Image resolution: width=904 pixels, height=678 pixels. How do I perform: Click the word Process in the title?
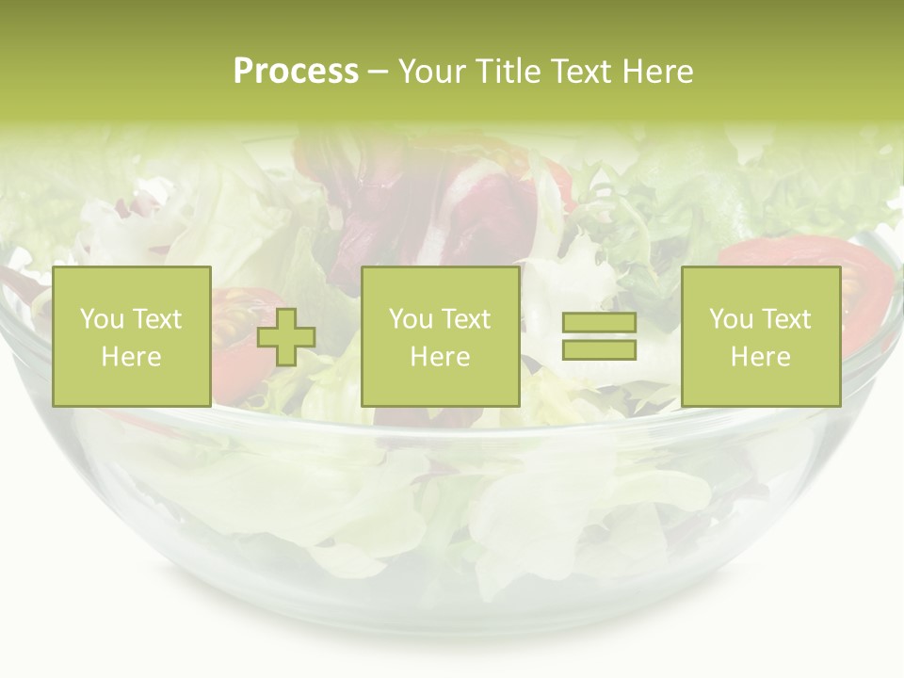click(x=296, y=72)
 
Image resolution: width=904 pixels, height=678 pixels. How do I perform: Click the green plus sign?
click(x=286, y=338)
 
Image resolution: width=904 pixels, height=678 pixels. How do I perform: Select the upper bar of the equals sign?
click(x=599, y=324)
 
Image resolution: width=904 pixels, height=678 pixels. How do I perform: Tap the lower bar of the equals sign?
click(x=599, y=350)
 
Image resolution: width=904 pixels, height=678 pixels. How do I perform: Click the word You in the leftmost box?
click(x=101, y=319)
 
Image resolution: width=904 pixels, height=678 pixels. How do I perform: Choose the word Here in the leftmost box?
click(x=131, y=357)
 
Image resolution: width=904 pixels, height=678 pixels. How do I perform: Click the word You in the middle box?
click(x=411, y=319)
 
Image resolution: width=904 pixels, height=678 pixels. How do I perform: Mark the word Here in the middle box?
click(x=440, y=357)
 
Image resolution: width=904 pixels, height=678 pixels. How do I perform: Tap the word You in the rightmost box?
click(x=731, y=319)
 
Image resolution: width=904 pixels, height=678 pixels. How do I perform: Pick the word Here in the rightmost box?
click(x=760, y=357)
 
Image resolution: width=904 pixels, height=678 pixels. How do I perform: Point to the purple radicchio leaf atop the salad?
click(x=424, y=202)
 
